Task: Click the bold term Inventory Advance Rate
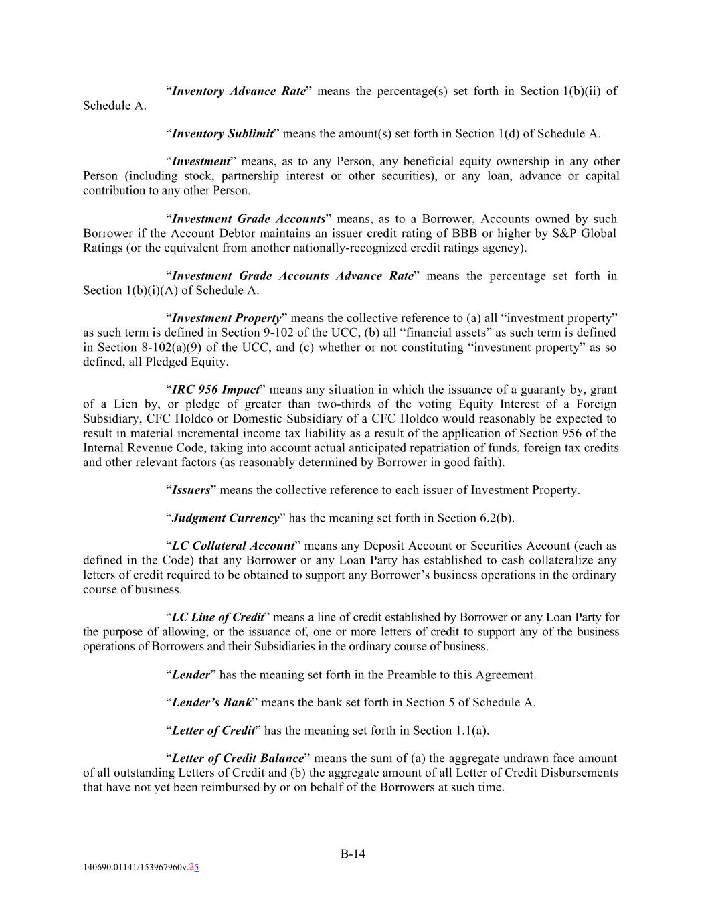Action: pos(239,91)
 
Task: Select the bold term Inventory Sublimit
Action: pos(223,133)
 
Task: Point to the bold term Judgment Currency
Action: pos(226,518)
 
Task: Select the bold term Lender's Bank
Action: pos(211,702)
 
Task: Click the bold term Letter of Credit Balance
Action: pos(238,758)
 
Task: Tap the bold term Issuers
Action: pos(191,490)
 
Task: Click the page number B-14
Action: pos(353,854)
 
